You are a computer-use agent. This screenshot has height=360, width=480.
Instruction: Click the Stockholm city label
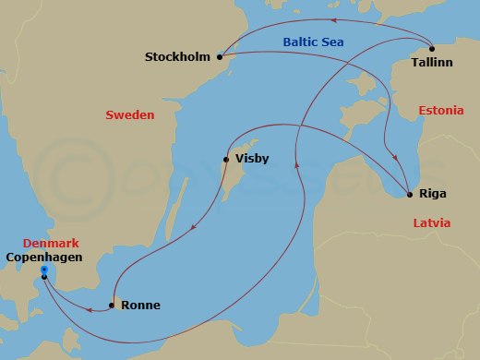tap(179, 58)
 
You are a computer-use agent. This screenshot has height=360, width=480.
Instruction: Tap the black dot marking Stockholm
tap(220, 57)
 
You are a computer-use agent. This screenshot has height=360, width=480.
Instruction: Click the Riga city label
tap(433, 196)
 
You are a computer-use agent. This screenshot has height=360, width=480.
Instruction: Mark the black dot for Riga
tap(410, 195)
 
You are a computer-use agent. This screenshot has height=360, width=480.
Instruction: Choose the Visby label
tap(252, 160)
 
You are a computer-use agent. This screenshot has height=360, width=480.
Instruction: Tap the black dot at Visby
tap(226, 160)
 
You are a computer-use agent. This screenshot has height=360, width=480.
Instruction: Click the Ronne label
tap(140, 306)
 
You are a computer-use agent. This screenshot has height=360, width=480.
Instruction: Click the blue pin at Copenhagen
tap(43, 272)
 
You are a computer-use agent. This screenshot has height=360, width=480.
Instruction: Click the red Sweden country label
tap(130, 115)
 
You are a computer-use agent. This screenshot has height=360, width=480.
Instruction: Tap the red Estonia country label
tap(440, 111)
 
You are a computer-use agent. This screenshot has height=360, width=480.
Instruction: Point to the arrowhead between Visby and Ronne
tap(191, 230)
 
